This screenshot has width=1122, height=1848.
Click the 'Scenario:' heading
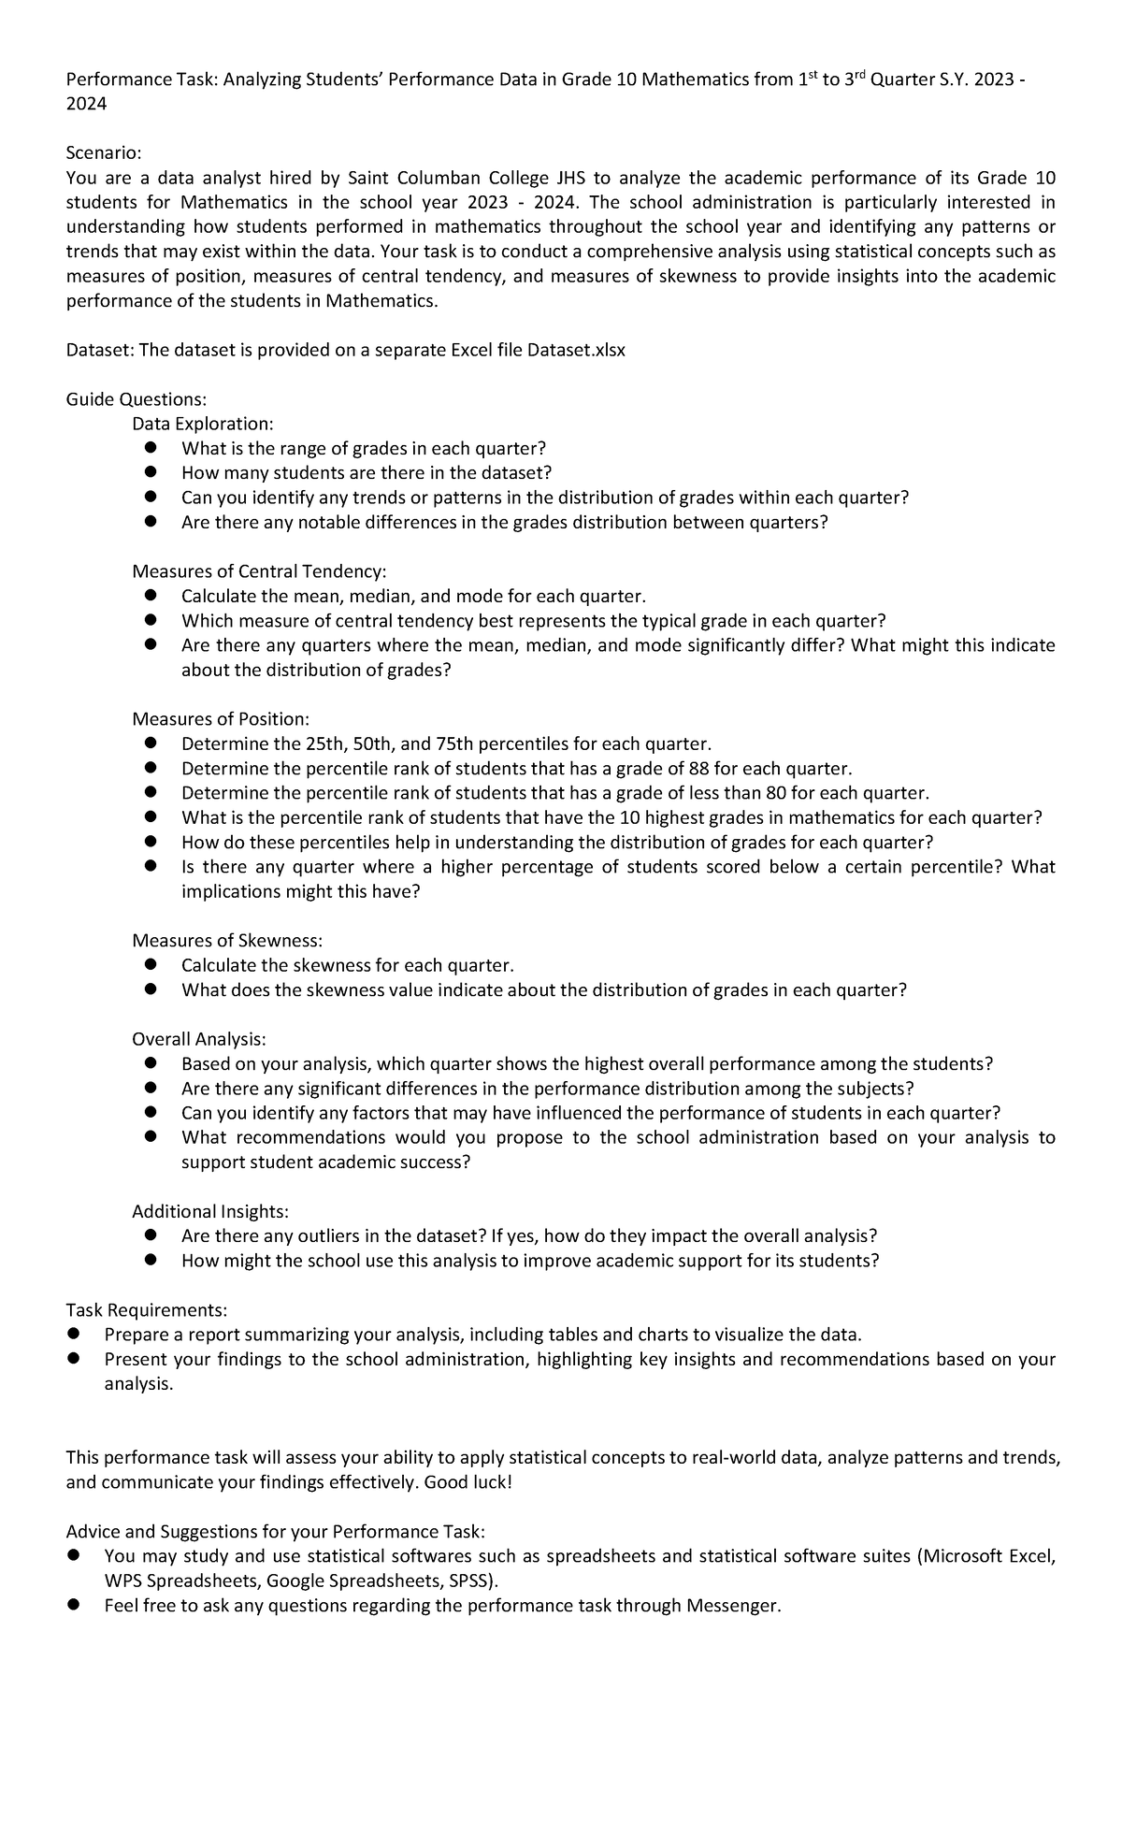(x=104, y=153)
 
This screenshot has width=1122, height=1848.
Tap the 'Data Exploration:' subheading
(x=203, y=425)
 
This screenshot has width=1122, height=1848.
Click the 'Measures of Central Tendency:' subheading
(x=259, y=571)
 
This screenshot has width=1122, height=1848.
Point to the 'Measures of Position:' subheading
(x=220, y=719)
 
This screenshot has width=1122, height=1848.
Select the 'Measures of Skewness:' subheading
(x=227, y=941)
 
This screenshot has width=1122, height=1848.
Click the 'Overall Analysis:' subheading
(x=199, y=1039)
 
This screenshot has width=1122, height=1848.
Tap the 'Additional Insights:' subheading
(x=210, y=1212)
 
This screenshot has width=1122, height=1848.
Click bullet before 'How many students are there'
(x=151, y=473)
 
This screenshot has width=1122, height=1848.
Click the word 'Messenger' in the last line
(x=730, y=1606)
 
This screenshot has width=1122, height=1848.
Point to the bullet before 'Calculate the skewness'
(x=151, y=965)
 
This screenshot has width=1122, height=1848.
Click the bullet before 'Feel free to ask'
(x=75, y=1606)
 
